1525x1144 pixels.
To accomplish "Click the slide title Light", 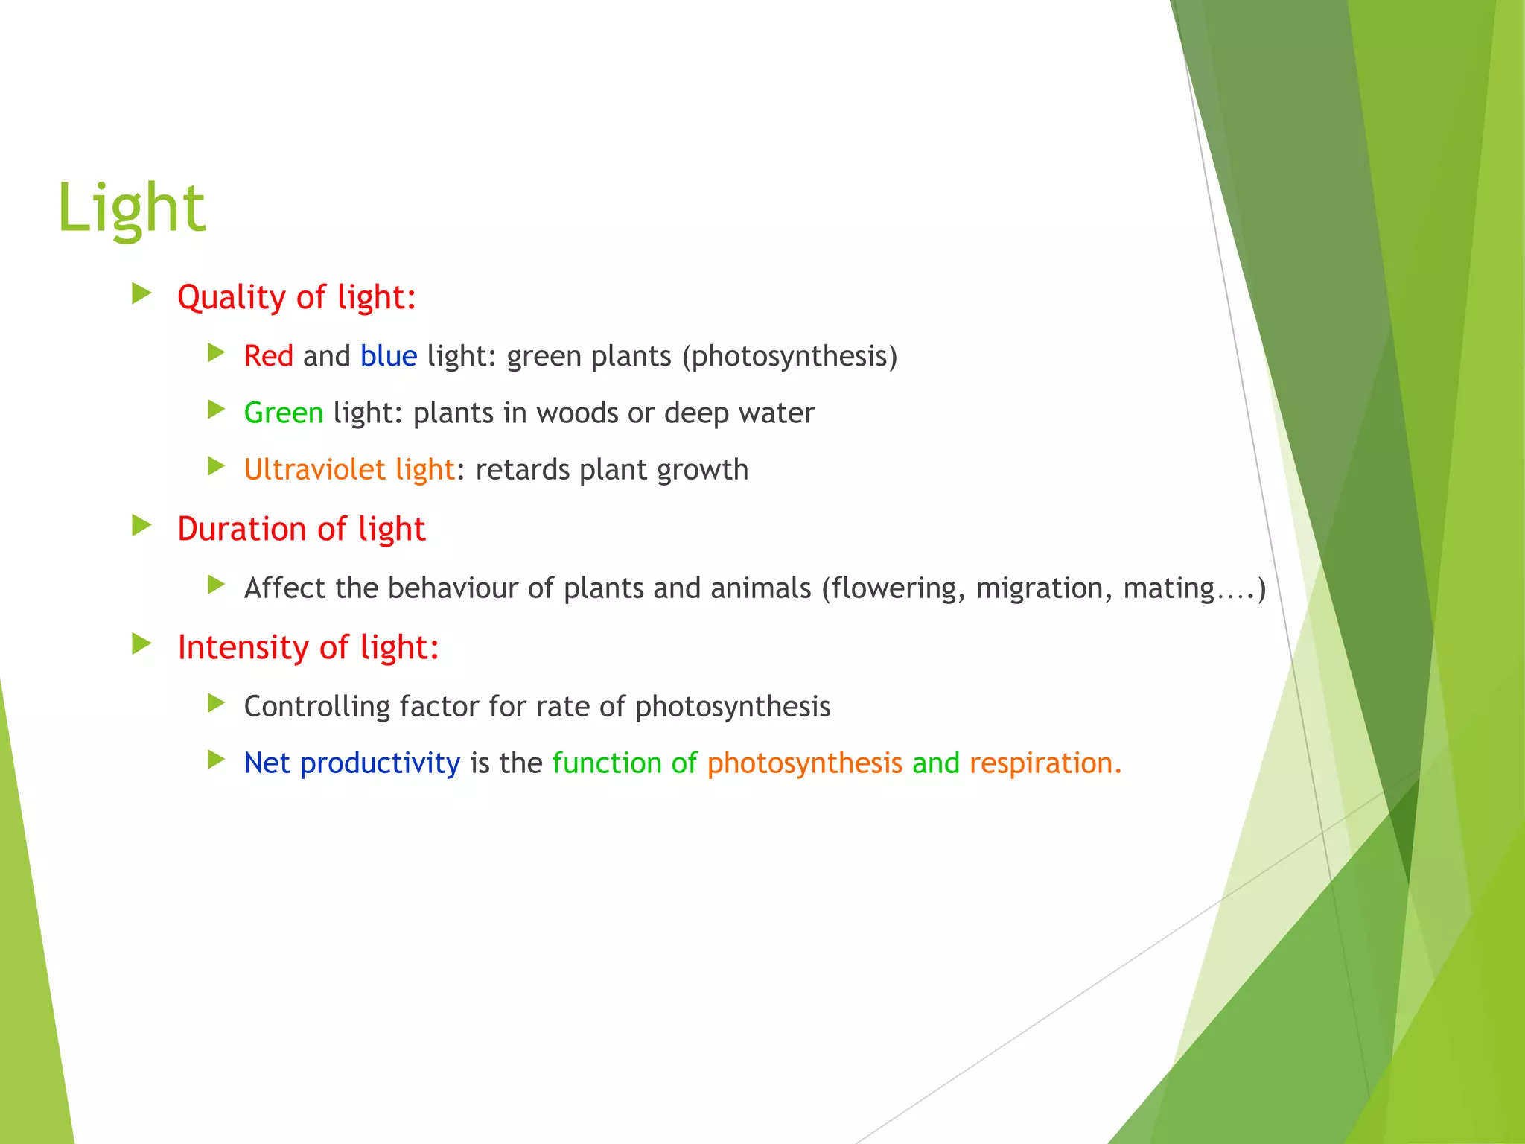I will point(131,209).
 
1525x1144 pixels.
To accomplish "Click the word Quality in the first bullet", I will point(231,298).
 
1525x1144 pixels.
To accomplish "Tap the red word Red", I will point(268,356).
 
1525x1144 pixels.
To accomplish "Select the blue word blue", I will point(389,356).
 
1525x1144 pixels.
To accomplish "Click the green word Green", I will point(284,413).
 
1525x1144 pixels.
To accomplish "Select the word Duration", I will point(241,529).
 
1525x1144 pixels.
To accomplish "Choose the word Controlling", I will point(316,707).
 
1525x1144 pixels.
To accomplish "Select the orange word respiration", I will point(1044,763).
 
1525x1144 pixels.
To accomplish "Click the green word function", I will point(606,763).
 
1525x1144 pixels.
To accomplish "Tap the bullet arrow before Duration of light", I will point(141,526).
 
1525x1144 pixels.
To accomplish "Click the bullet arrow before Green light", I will point(216,410).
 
